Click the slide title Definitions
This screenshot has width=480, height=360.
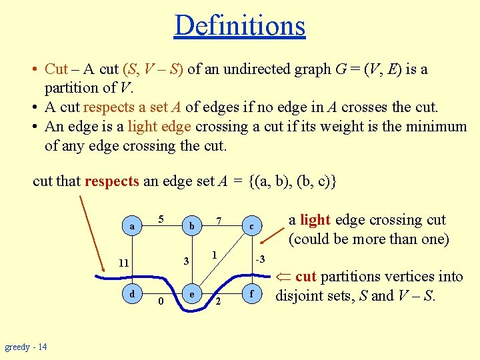click(239, 25)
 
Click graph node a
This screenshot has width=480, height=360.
click(133, 227)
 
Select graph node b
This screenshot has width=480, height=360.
click(191, 227)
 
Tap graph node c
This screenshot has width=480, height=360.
click(251, 227)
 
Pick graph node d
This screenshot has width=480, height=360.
click(133, 293)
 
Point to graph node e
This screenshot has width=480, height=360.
click(191, 293)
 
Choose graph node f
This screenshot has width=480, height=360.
click(251, 293)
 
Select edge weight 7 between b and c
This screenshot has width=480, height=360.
click(218, 220)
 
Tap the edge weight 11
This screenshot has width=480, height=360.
click(123, 263)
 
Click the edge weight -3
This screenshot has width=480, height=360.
click(260, 259)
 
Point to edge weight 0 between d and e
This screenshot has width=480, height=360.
click(161, 301)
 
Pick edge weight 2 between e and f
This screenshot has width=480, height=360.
click(218, 301)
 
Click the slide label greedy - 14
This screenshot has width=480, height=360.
click(26, 347)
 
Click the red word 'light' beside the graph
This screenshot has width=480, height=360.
click(315, 220)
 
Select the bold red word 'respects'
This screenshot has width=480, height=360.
click(112, 181)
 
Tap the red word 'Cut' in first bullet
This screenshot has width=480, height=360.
click(56, 69)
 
